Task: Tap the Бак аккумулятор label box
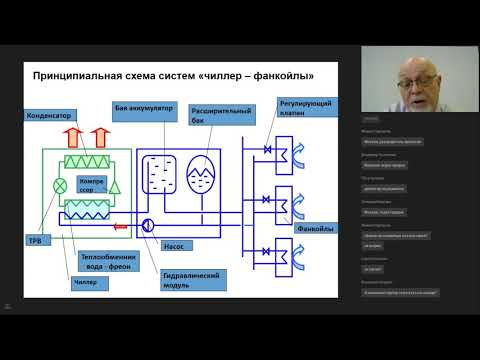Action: (x=145, y=107)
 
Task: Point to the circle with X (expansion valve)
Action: (x=58, y=184)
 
